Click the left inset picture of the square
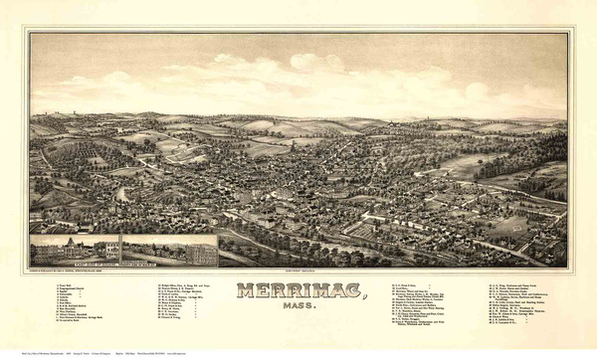pos(75,251)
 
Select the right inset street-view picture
pos(169,251)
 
